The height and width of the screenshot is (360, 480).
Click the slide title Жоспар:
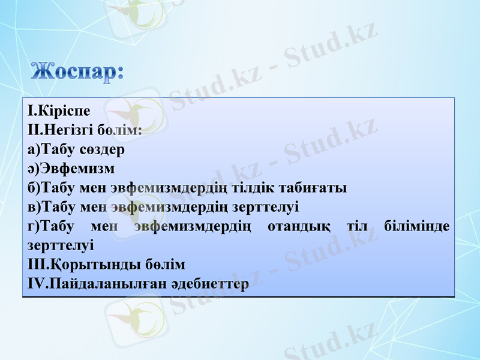pos(78,71)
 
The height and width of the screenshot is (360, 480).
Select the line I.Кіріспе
pos(59,112)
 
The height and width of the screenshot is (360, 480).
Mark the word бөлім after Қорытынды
pos(165,265)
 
